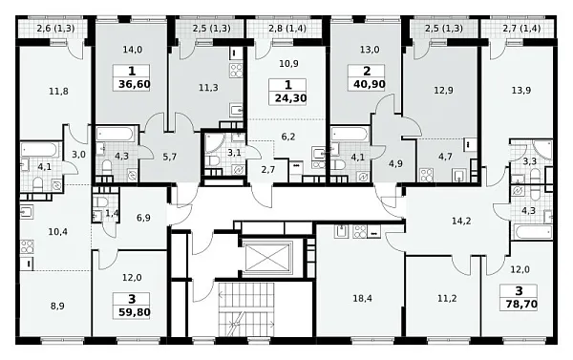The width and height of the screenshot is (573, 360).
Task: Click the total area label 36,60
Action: click(134, 84)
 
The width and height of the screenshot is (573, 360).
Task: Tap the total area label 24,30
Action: click(290, 98)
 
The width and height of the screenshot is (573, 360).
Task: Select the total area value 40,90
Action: click(369, 84)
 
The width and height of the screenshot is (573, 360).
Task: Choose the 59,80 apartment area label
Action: click(134, 312)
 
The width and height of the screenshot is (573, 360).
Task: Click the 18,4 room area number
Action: click(362, 299)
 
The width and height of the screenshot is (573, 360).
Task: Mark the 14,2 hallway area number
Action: click(461, 222)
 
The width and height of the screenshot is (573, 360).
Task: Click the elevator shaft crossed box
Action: click(267, 257)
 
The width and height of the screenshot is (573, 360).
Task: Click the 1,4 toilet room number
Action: click(112, 214)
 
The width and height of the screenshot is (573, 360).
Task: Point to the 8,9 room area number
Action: click(57, 306)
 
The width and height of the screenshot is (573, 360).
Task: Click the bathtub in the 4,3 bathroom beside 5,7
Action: click(115, 134)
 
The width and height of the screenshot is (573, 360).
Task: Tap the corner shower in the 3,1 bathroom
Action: click(214, 143)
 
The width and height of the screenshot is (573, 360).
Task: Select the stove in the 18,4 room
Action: click(360, 232)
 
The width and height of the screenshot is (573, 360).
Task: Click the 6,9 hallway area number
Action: click(143, 218)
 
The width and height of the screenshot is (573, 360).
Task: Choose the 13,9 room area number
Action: click(521, 90)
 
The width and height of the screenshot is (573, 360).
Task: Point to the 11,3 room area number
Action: click(208, 88)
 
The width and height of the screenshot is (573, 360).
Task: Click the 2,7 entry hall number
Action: click(268, 170)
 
